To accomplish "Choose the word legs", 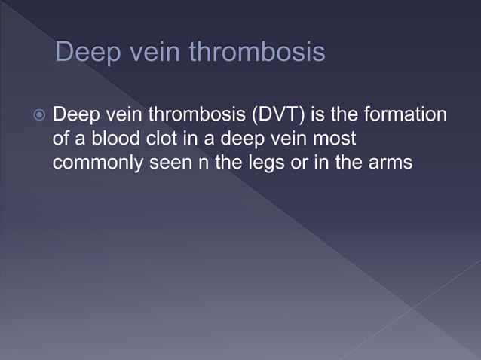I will (x=260, y=161).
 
